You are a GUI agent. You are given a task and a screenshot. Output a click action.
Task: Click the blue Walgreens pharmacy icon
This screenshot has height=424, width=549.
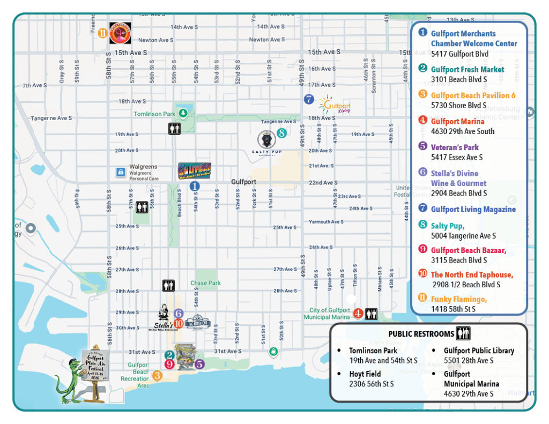(121, 172)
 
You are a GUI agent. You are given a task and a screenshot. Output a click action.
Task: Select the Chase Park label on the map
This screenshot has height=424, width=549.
(205, 283)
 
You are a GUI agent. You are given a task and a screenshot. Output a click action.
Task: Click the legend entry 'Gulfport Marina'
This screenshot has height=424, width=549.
(457, 122)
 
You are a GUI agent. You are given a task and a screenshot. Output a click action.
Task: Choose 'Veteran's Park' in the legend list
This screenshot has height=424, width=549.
(455, 147)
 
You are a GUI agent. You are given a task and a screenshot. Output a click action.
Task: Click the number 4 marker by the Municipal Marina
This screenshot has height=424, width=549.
(358, 314)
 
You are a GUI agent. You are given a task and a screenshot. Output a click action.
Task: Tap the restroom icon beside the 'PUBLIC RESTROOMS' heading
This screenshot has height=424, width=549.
(463, 334)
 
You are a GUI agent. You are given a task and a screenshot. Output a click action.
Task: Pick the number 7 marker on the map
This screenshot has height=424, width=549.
(308, 99)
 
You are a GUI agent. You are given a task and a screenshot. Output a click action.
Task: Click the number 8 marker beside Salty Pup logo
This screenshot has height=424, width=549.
(281, 133)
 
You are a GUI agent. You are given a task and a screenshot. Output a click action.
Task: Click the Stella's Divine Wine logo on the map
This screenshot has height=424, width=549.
(164, 317)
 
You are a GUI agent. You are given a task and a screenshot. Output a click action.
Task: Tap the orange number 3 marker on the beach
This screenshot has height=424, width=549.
(157, 375)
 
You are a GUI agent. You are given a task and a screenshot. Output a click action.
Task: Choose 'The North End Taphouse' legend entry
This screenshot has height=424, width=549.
(472, 275)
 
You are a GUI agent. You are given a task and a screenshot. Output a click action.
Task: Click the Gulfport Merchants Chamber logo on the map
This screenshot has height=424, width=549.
(194, 170)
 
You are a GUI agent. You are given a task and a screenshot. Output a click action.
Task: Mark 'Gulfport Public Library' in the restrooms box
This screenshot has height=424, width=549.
(479, 351)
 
